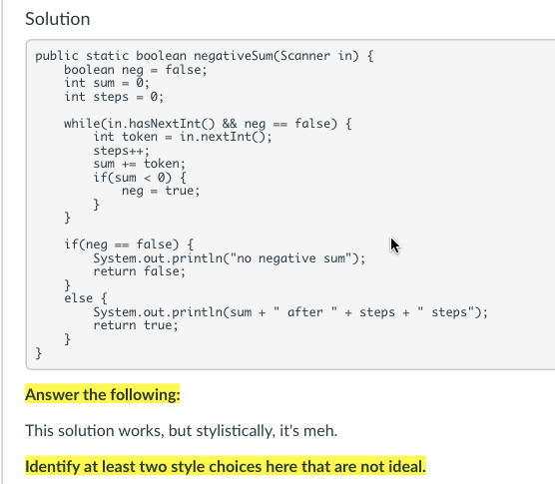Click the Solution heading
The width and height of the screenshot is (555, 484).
[x=57, y=19]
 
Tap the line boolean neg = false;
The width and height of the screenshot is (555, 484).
[x=135, y=71]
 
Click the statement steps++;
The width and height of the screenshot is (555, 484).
[x=118, y=151]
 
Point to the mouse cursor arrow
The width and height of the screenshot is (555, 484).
[x=394, y=243]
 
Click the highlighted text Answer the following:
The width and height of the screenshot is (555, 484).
[x=103, y=395]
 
